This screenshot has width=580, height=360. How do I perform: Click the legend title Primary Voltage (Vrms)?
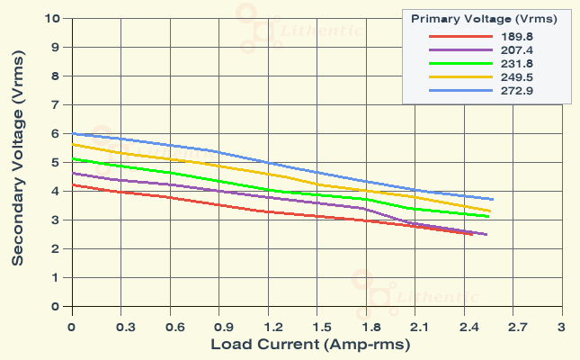(x=484, y=18)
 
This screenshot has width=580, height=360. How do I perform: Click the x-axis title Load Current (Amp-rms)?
(x=310, y=345)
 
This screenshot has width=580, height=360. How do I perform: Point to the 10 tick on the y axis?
(x=52, y=18)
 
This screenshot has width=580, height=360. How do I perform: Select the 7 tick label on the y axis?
(x=56, y=104)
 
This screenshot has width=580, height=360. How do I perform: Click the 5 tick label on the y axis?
(x=56, y=162)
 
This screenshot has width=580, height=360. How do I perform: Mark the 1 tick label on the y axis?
(x=56, y=277)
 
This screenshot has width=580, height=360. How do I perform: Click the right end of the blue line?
(x=493, y=199)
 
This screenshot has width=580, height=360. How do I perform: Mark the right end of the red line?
(x=471, y=234)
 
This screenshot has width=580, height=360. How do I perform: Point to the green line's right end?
(x=488, y=216)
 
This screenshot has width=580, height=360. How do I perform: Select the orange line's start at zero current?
(x=72, y=144)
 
